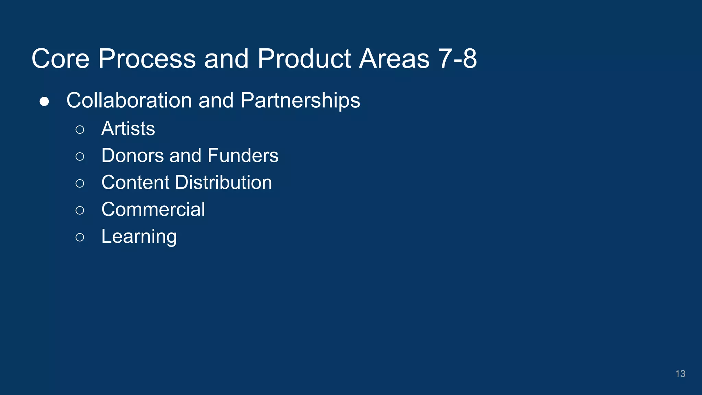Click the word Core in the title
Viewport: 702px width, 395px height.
pos(61,59)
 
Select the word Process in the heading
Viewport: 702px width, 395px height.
pos(147,59)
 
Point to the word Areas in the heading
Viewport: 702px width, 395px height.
pos(394,59)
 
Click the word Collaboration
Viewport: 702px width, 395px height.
pos(129,100)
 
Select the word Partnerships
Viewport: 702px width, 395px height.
pos(300,100)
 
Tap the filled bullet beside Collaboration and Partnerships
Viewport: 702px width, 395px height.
pos(44,101)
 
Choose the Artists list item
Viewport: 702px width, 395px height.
pos(128,129)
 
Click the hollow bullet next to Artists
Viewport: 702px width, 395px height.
pos(80,130)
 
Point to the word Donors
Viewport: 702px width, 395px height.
pos(132,156)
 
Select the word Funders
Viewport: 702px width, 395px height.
pos(243,156)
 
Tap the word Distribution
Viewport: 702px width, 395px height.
pos(223,182)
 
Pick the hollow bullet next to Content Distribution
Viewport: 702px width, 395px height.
pos(80,183)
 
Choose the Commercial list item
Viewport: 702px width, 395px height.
pos(153,210)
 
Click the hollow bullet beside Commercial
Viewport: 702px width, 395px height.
pos(80,210)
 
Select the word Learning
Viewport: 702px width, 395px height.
pos(139,237)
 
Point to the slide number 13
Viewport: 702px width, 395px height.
pos(680,374)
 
